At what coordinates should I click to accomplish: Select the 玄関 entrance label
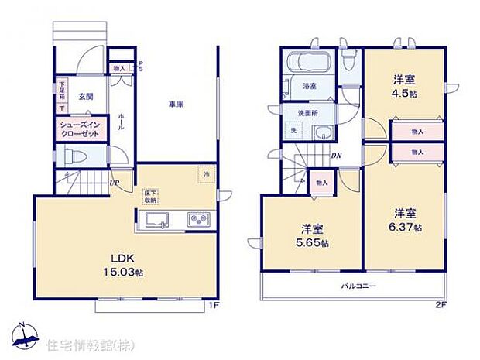(x=85, y=96)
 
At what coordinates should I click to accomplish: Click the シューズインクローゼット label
(x=81, y=128)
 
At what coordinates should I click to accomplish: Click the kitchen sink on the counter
(x=159, y=220)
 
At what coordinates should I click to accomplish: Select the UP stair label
(x=115, y=183)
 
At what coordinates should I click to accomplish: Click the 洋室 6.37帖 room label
(x=406, y=219)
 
